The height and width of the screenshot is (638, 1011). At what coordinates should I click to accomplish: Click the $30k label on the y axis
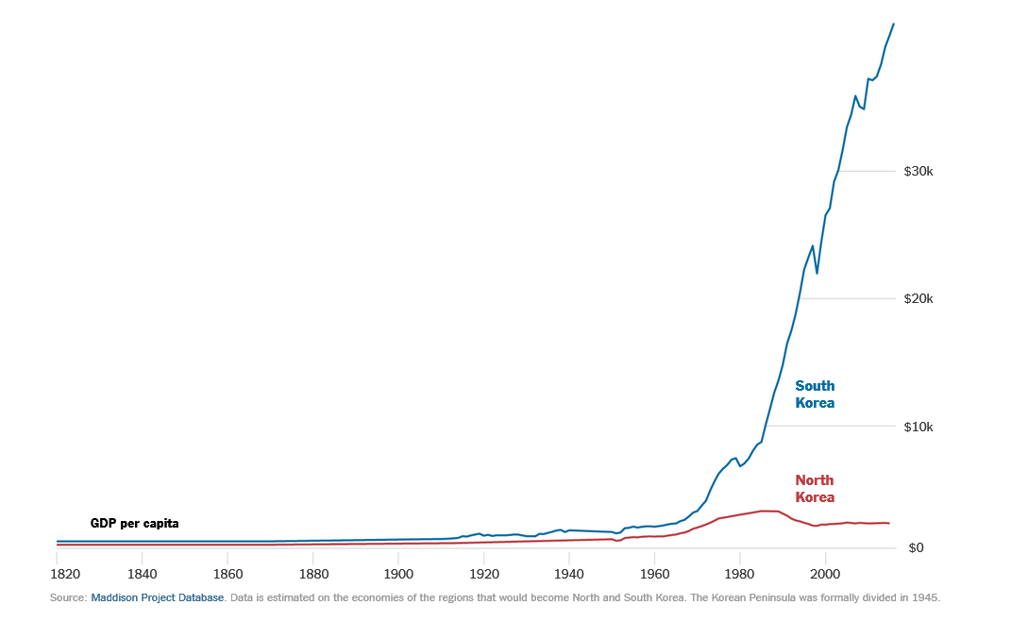pyautogui.click(x=918, y=172)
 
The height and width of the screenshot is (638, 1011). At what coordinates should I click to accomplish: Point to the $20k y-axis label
pyautogui.click(x=918, y=299)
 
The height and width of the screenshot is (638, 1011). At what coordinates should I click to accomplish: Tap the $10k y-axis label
pyautogui.click(x=918, y=427)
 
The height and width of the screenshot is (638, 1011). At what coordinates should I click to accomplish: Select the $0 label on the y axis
pyautogui.click(x=914, y=548)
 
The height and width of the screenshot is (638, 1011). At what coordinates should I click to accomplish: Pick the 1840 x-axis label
pyautogui.click(x=142, y=574)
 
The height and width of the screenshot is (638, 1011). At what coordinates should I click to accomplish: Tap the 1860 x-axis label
pyautogui.click(x=227, y=574)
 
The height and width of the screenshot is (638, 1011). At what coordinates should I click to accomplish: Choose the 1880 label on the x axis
pyautogui.click(x=312, y=574)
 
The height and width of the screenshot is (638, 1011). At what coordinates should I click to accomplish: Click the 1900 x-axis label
pyautogui.click(x=398, y=574)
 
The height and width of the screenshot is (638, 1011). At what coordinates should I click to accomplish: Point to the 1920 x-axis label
pyautogui.click(x=483, y=574)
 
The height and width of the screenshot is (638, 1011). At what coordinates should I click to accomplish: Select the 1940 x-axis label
pyautogui.click(x=569, y=574)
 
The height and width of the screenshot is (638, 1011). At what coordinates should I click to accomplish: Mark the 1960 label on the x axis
pyautogui.click(x=654, y=574)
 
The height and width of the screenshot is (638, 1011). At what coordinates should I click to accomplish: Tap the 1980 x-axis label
pyautogui.click(x=740, y=574)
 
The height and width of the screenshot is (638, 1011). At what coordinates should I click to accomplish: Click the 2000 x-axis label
pyautogui.click(x=825, y=574)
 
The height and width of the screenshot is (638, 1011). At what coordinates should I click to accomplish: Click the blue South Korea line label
pyautogui.click(x=815, y=395)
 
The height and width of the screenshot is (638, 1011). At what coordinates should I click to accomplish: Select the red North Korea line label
pyautogui.click(x=815, y=489)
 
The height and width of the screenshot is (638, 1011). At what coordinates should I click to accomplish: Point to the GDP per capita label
pyautogui.click(x=134, y=523)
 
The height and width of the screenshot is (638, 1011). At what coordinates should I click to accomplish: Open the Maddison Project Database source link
pyautogui.click(x=158, y=597)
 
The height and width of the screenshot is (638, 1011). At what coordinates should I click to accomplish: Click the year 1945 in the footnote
pyautogui.click(x=926, y=597)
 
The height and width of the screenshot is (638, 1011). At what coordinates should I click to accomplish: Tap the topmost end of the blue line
pyautogui.click(x=894, y=24)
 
